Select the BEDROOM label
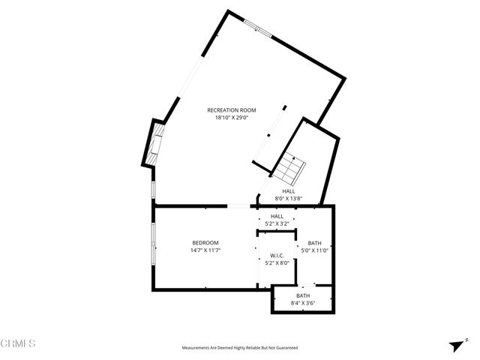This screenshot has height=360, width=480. [x=205, y=242]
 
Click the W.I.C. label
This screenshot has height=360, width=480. [x=277, y=256]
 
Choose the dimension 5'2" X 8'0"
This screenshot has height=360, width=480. [x=277, y=263]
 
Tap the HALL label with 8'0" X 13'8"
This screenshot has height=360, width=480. [x=289, y=191]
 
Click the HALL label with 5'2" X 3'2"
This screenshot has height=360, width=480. [x=277, y=216]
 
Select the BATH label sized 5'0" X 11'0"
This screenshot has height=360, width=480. [x=314, y=243]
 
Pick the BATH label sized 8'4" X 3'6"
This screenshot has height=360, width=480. [x=303, y=295]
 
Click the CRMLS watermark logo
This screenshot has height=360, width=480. [x=18, y=343]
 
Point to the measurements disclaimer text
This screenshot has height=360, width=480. [x=240, y=348]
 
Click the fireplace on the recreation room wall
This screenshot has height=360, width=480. [x=155, y=143]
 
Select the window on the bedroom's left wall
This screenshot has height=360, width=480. [x=154, y=245]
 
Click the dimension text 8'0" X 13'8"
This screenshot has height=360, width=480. [x=289, y=199]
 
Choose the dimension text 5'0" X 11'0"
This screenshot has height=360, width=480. [x=314, y=250]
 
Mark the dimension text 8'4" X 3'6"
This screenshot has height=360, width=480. [x=303, y=303]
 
